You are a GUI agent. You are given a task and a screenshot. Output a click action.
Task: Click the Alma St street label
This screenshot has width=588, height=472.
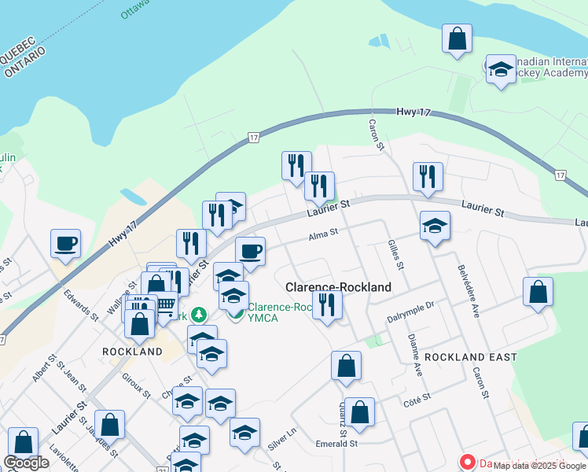322,233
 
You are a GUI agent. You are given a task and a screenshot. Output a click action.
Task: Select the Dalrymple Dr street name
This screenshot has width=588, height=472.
410,317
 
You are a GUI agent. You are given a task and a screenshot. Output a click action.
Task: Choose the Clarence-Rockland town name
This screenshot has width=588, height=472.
338,288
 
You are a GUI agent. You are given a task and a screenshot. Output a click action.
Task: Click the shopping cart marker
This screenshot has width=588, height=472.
164,304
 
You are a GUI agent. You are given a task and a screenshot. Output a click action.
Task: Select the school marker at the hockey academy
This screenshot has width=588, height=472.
500,69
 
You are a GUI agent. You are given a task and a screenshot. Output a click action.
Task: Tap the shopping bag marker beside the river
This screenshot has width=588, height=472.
457,38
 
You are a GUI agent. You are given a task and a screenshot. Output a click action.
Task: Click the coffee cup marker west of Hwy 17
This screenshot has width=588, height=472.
66,242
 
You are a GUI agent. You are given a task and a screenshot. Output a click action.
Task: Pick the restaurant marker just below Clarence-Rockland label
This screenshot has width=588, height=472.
327,304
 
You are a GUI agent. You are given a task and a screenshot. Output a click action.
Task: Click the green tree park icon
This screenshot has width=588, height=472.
200,315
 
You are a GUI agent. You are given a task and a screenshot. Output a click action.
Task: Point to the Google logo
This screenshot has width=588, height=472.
26,463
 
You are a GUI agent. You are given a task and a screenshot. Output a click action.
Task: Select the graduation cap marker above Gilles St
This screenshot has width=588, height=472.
435,226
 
